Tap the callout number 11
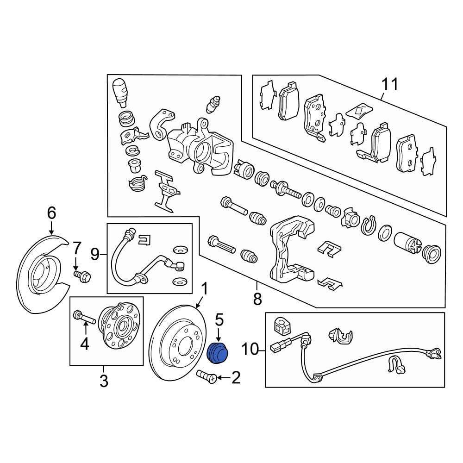(x=389, y=85)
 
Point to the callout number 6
(x=51, y=213)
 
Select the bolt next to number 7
(x=82, y=276)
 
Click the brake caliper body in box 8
(x=199, y=148)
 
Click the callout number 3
(x=104, y=382)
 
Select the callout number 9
(x=95, y=253)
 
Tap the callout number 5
(x=219, y=319)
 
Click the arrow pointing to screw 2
(x=225, y=379)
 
